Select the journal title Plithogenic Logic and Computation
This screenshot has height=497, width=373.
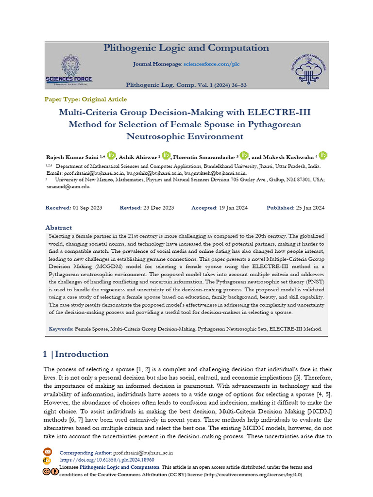(186, 48)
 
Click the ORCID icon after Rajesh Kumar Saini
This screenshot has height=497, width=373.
(111, 155)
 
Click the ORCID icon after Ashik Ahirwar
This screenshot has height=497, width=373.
(166, 155)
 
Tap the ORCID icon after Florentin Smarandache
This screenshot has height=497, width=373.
(244, 155)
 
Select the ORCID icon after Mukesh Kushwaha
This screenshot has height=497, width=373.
(323, 155)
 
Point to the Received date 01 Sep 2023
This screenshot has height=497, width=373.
(87, 208)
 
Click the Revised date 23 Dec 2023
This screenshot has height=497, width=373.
(158, 208)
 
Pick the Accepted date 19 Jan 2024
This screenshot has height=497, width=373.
(233, 208)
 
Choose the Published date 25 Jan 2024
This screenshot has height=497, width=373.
(309, 208)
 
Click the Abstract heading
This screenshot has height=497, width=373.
(58, 228)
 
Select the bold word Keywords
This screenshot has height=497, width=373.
(61, 329)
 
